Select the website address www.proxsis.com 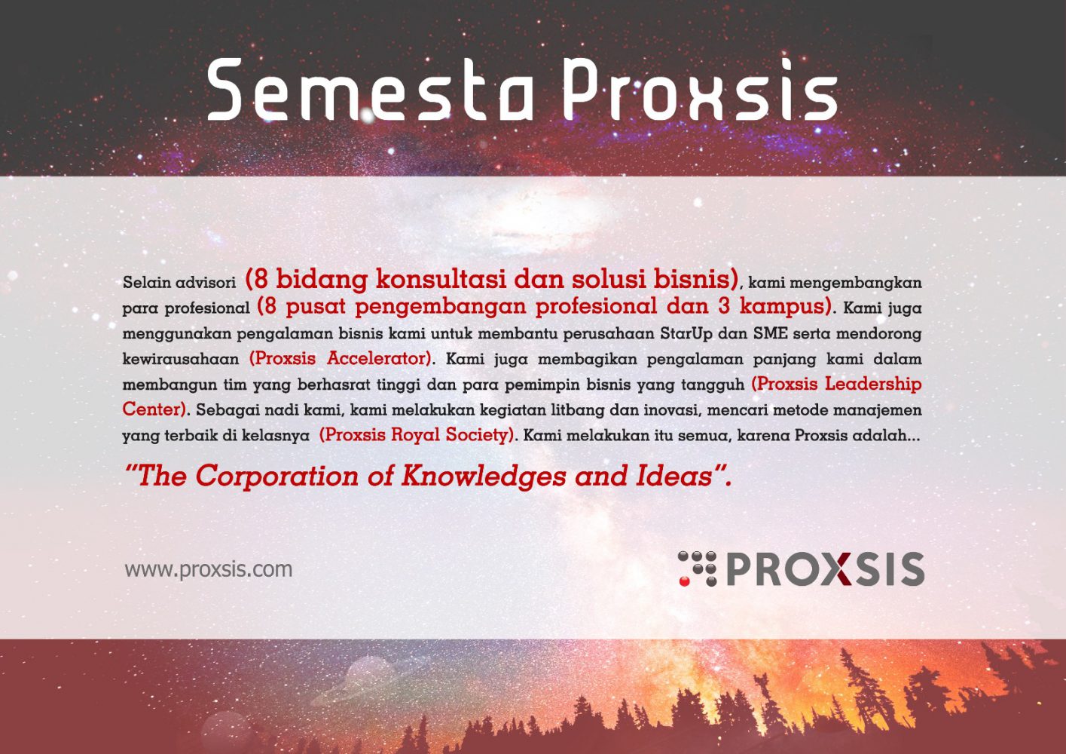coord(208,569)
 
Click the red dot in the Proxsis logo coord(684,581)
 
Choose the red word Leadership coord(873,384)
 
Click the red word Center coord(154,409)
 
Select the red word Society coord(480,435)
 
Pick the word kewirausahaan coord(181,359)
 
